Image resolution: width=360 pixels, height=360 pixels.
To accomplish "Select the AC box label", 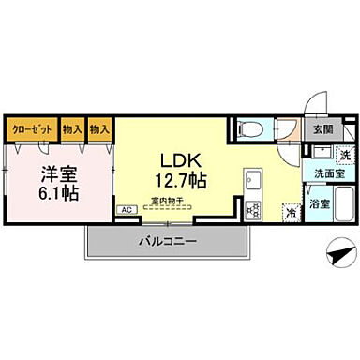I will click(x=125, y=211).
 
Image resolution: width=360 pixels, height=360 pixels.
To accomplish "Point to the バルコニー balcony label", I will click(x=168, y=241).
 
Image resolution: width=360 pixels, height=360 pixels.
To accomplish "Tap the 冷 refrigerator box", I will click(x=291, y=212).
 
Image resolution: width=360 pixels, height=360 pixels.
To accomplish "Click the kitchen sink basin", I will click(x=251, y=179).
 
